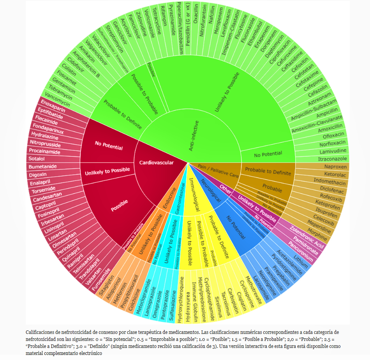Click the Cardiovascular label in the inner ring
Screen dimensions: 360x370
coord(157,162)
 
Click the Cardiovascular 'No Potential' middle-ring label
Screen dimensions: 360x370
coord(109,145)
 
